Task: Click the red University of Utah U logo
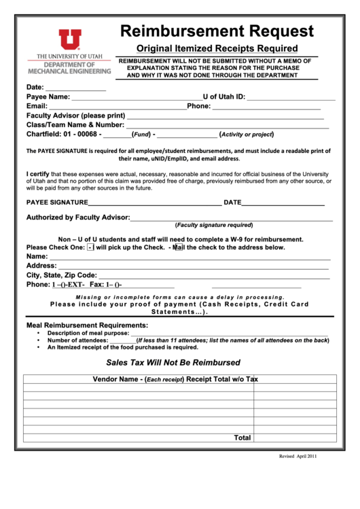click(69, 40)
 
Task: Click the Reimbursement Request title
click(217, 31)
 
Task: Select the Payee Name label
click(48, 97)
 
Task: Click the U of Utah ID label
click(223, 97)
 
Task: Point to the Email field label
click(37, 106)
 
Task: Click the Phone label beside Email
click(198, 106)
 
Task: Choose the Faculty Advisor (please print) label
click(75, 116)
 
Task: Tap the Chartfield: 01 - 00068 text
click(64, 134)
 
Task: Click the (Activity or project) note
click(247, 135)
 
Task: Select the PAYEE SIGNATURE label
click(57, 203)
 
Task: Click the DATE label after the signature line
click(232, 203)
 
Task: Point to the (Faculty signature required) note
click(214, 225)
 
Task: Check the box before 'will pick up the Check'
click(90, 248)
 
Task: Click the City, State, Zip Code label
click(61, 275)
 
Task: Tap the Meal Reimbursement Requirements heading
click(87, 326)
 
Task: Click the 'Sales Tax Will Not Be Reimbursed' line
click(173, 363)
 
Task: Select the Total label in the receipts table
click(242, 438)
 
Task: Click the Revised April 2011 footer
click(298, 457)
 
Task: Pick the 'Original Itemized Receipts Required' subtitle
click(217, 48)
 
